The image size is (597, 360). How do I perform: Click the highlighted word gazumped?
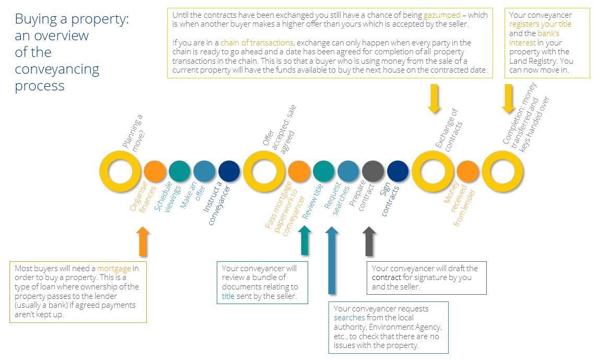[x=442, y=15]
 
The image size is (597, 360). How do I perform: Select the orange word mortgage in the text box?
[x=114, y=269]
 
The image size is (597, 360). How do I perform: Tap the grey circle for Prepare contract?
[x=373, y=171]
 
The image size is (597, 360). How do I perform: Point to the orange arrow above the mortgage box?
[x=143, y=241]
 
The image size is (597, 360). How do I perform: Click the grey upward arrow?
[x=369, y=241]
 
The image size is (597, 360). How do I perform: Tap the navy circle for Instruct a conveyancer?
[x=229, y=171]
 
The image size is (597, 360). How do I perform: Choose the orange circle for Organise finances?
[x=155, y=171]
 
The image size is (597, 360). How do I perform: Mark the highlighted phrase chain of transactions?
[x=256, y=43]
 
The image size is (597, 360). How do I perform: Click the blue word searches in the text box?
[x=349, y=318]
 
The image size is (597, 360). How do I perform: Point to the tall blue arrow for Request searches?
[x=332, y=260]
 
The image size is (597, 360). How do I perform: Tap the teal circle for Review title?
[x=324, y=171]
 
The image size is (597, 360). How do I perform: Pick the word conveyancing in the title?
[x=57, y=69]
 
